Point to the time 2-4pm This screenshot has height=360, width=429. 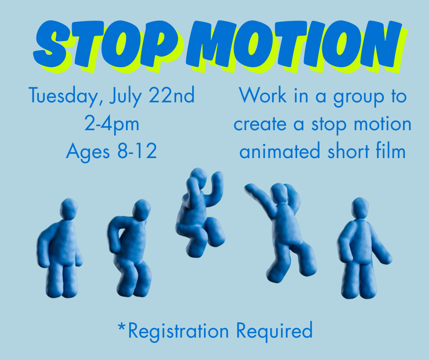click(x=111, y=124)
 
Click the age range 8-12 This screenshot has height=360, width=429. click(x=137, y=151)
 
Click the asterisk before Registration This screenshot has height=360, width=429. click(x=121, y=326)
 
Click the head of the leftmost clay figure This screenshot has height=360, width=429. click(x=68, y=209)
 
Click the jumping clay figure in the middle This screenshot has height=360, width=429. click(x=199, y=212)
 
